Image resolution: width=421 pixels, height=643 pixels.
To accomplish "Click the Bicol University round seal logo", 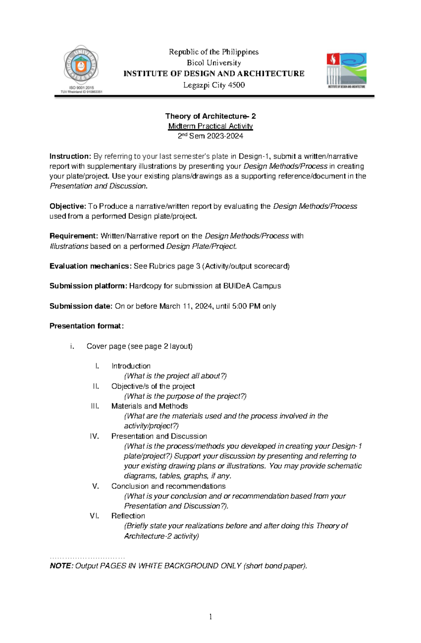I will pyautogui.click(x=81, y=66).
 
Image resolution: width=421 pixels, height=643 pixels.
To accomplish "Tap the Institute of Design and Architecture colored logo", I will pyautogui.click(x=346, y=70).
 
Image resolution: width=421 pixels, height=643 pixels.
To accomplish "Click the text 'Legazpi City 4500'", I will pyautogui.click(x=214, y=85).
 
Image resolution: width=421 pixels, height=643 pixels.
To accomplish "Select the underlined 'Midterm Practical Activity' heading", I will pyautogui.click(x=210, y=126).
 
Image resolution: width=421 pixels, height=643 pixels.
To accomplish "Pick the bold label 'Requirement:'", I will pyautogui.click(x=74, y=236).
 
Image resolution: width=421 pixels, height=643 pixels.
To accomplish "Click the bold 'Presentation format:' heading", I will pyautogui.click(x=86, y=326).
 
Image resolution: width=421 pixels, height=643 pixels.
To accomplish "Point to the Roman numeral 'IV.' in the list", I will pyautogui.click(x=94, y=436).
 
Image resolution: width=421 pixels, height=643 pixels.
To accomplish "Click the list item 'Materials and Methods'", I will pyautogui.click(x=149, y=406).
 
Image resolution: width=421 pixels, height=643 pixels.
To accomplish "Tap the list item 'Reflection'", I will pyautogui.click(x=128, y=516).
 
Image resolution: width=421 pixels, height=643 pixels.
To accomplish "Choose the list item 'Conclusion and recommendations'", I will pyautogui.click(x=168, y=486).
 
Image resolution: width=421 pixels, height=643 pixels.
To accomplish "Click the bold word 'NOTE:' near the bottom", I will pyautogui.click(x=61, y=566).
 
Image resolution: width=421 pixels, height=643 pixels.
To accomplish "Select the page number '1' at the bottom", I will pyautogui.click(x=210, y=617).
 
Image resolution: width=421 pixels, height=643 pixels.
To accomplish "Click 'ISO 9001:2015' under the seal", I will pyautogui.click(x=81, y=88).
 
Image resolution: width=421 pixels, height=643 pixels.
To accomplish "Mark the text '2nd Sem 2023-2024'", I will pyautogui.click(x=210, y=136).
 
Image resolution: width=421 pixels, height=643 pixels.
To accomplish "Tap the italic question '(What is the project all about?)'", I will pyautogui.click(x=175, y=376).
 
